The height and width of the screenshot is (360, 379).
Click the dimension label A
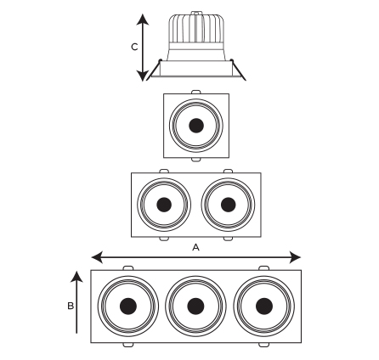tap(195, 248)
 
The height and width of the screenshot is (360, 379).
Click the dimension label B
tap(71, 306)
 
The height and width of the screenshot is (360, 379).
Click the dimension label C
tap(134, 47)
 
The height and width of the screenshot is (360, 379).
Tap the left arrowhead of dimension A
tap(97, 257)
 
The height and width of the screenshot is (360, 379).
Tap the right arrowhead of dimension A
tap(295, 257)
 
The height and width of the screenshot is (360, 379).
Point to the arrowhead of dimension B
tap(76, 277)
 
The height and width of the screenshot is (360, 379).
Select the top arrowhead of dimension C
tap(143, 20)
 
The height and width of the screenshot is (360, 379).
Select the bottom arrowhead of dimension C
tap(143, 76)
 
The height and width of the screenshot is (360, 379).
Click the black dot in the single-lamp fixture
tap(196, 126)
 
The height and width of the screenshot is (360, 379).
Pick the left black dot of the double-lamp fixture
tap(164, 205)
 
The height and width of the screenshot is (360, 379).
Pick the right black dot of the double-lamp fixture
tap(229, 205)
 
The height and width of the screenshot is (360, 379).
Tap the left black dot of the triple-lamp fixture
tap(128, 306)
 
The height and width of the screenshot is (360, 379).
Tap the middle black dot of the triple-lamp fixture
tap(195, 306)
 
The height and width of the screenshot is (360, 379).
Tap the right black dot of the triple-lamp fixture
tap(264, 306)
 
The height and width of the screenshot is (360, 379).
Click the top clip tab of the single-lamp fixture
tap(196, 92)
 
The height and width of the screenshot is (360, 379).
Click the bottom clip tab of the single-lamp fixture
tap(196, 160)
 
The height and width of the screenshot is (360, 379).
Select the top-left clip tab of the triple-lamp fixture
tap(128, 268)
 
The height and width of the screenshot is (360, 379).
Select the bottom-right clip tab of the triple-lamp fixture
tap(263, 345)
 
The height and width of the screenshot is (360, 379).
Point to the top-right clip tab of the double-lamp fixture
tap(228, 171)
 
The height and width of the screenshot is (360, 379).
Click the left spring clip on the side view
tap(155, 69)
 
